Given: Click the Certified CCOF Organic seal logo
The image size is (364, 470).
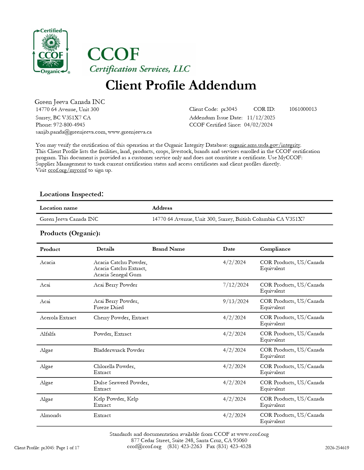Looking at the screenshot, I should (51, 52).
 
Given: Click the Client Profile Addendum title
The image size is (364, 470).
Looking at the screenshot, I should (181, 85).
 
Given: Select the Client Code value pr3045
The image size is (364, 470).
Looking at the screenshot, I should (229, 109).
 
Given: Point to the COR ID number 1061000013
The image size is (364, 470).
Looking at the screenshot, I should (303, 109).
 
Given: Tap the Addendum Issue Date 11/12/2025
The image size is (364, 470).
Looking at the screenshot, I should (261, 118).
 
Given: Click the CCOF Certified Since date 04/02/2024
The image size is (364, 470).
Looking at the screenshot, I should (258, 125).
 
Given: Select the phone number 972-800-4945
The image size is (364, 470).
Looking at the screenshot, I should (69, 125).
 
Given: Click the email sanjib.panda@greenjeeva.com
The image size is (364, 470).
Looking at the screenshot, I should (71, 132).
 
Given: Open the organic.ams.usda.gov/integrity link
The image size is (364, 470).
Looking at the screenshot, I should (265, 145).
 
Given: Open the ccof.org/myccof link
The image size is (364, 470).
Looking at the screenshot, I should (67, 170).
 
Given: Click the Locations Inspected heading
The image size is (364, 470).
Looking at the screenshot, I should (71, 194).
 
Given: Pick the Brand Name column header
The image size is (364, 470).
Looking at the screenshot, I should (168, 249).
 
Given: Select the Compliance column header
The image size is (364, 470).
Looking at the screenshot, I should (275, 249).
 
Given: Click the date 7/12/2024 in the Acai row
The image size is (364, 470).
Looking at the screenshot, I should (236, 285).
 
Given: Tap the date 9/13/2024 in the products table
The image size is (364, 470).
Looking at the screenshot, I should (236, 301).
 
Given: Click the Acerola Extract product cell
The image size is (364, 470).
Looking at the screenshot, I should (58, 318).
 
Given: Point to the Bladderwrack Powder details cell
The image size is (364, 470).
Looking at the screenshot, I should (119, 350).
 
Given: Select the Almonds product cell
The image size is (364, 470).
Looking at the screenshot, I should (51, 415).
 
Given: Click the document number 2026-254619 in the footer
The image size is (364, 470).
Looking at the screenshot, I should (337, 448).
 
